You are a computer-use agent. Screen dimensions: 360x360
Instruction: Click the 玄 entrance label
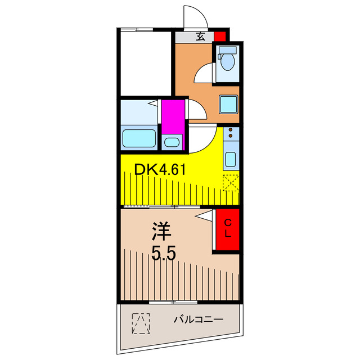(x=200, y=37)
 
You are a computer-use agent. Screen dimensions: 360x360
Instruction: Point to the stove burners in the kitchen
(x=231, y=134)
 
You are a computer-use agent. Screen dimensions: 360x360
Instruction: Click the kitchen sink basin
(x=231, y=159)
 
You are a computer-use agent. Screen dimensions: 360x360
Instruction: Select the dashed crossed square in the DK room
(x=231, y=183)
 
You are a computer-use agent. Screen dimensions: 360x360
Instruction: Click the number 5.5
(x=164, y=253)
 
